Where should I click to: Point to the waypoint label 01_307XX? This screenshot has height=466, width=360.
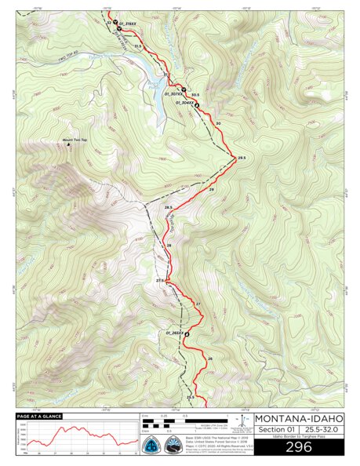[173, 94]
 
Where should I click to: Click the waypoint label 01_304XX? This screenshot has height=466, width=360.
[185, 102]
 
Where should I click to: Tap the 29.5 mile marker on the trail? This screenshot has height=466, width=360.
[242, 158]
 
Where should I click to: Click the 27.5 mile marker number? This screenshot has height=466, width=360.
[161, 280]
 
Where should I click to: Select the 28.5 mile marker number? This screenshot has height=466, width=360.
[168, 207]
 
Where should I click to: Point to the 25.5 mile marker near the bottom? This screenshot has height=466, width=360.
[190, 398]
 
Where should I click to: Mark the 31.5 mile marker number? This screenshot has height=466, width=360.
[139, 47]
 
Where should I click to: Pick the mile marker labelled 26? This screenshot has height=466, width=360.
[209, 359]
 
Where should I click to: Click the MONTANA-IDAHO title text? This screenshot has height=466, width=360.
[299, 417]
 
